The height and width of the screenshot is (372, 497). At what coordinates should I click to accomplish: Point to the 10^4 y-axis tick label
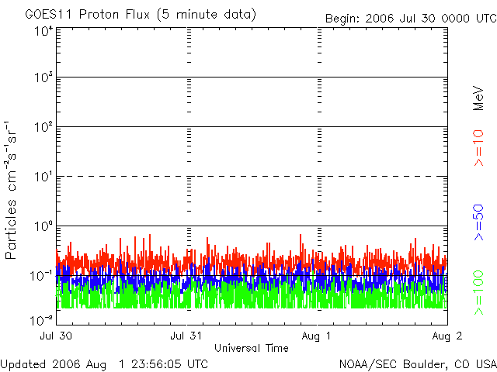point(43,30)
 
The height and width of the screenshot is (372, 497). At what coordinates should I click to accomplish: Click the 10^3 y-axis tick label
point(43,78)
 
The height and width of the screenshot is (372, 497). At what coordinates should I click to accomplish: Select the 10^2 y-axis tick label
point(43,128)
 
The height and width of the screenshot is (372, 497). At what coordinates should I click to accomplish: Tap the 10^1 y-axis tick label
point(43,177)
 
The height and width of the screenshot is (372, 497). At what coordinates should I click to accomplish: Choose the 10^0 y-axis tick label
point(43,227)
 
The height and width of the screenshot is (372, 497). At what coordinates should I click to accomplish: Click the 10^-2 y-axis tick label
point(42,319)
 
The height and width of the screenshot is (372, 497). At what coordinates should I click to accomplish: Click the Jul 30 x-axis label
point(56,336)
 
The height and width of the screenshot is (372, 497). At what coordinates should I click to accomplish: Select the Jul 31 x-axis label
point(186,336)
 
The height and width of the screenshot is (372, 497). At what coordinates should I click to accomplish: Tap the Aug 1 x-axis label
point(317,336)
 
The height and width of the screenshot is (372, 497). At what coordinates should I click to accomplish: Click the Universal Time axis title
point(252,348)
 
